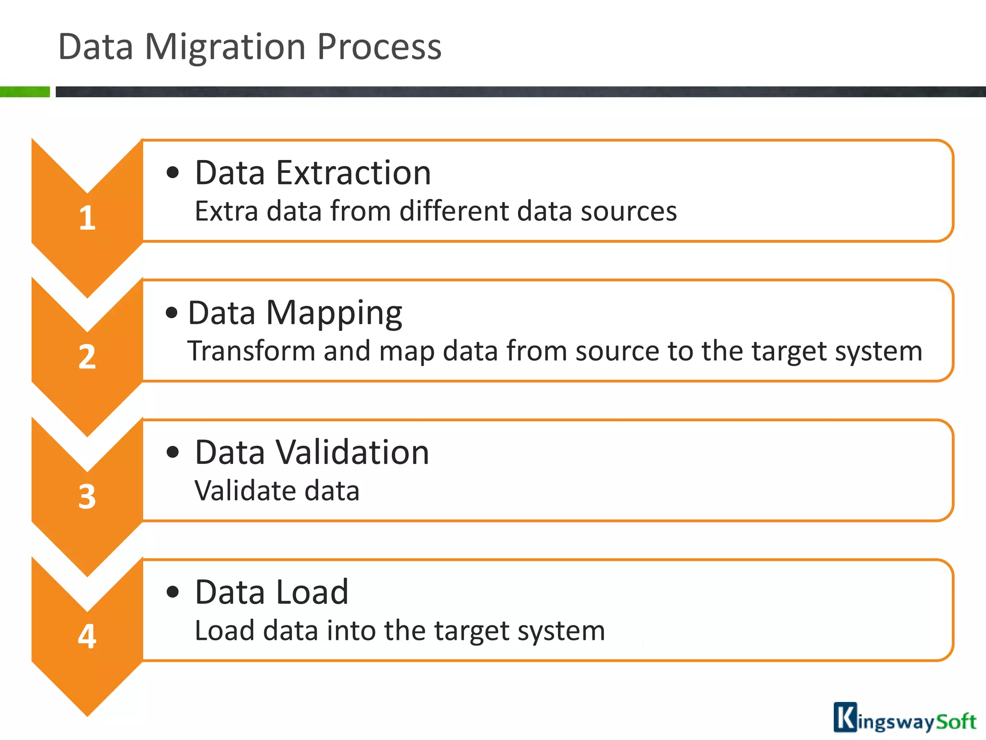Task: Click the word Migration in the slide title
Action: (225, 47)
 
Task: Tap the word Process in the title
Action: (379, 47)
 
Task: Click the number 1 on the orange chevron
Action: (87, 218)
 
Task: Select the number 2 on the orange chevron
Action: (87, 357)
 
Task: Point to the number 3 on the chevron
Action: (87, 497)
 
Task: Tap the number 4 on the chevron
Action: (87, 636)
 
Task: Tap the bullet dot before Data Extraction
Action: (172, 172)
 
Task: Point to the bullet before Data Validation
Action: (172, 452)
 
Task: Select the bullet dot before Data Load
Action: (172, 592)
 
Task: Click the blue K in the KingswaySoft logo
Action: (845, 718)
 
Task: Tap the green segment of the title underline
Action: (25, 92)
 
